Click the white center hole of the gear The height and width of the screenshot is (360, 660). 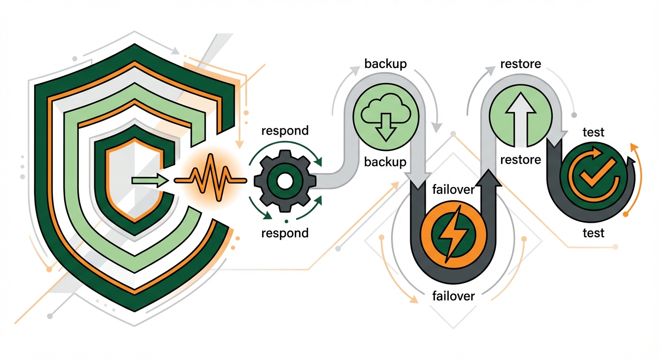click(284, 180)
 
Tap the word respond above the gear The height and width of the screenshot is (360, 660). click(285, 130)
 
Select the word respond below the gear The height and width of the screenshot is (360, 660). click(285, 233)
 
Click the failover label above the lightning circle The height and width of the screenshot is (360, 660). click(453, 189)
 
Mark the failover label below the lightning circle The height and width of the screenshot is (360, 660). click(453, 296)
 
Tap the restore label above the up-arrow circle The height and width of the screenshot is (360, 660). click(521, 64)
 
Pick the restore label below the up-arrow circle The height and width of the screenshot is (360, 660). click(520, 160)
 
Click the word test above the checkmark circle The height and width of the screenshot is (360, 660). click(593, 133)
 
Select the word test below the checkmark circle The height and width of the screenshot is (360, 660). click(593, 232)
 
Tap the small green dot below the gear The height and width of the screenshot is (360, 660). click(286, 220)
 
